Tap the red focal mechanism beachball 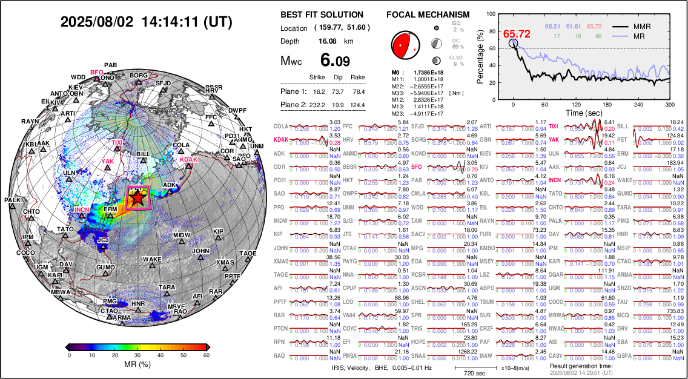pyautogui.click(x=405, y=44)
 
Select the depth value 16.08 pyautogui.click(x=328, y=41)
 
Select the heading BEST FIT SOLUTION pyautogui.click(x=322, y=15)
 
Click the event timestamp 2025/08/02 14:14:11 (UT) pyautogui.click(x=146, y=22)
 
